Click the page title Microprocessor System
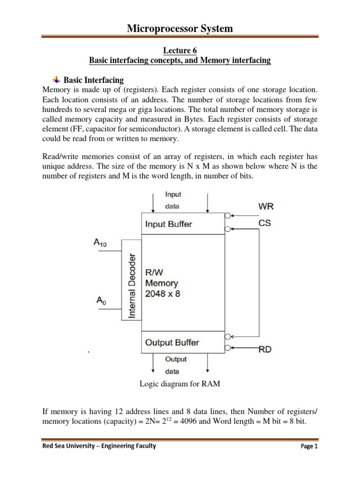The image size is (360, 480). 180,29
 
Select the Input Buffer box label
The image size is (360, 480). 168,224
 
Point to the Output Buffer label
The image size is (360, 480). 172,343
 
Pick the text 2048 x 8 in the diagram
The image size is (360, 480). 162,294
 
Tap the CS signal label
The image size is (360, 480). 265,223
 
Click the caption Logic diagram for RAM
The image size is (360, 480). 180,384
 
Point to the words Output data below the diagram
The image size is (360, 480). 175,365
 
